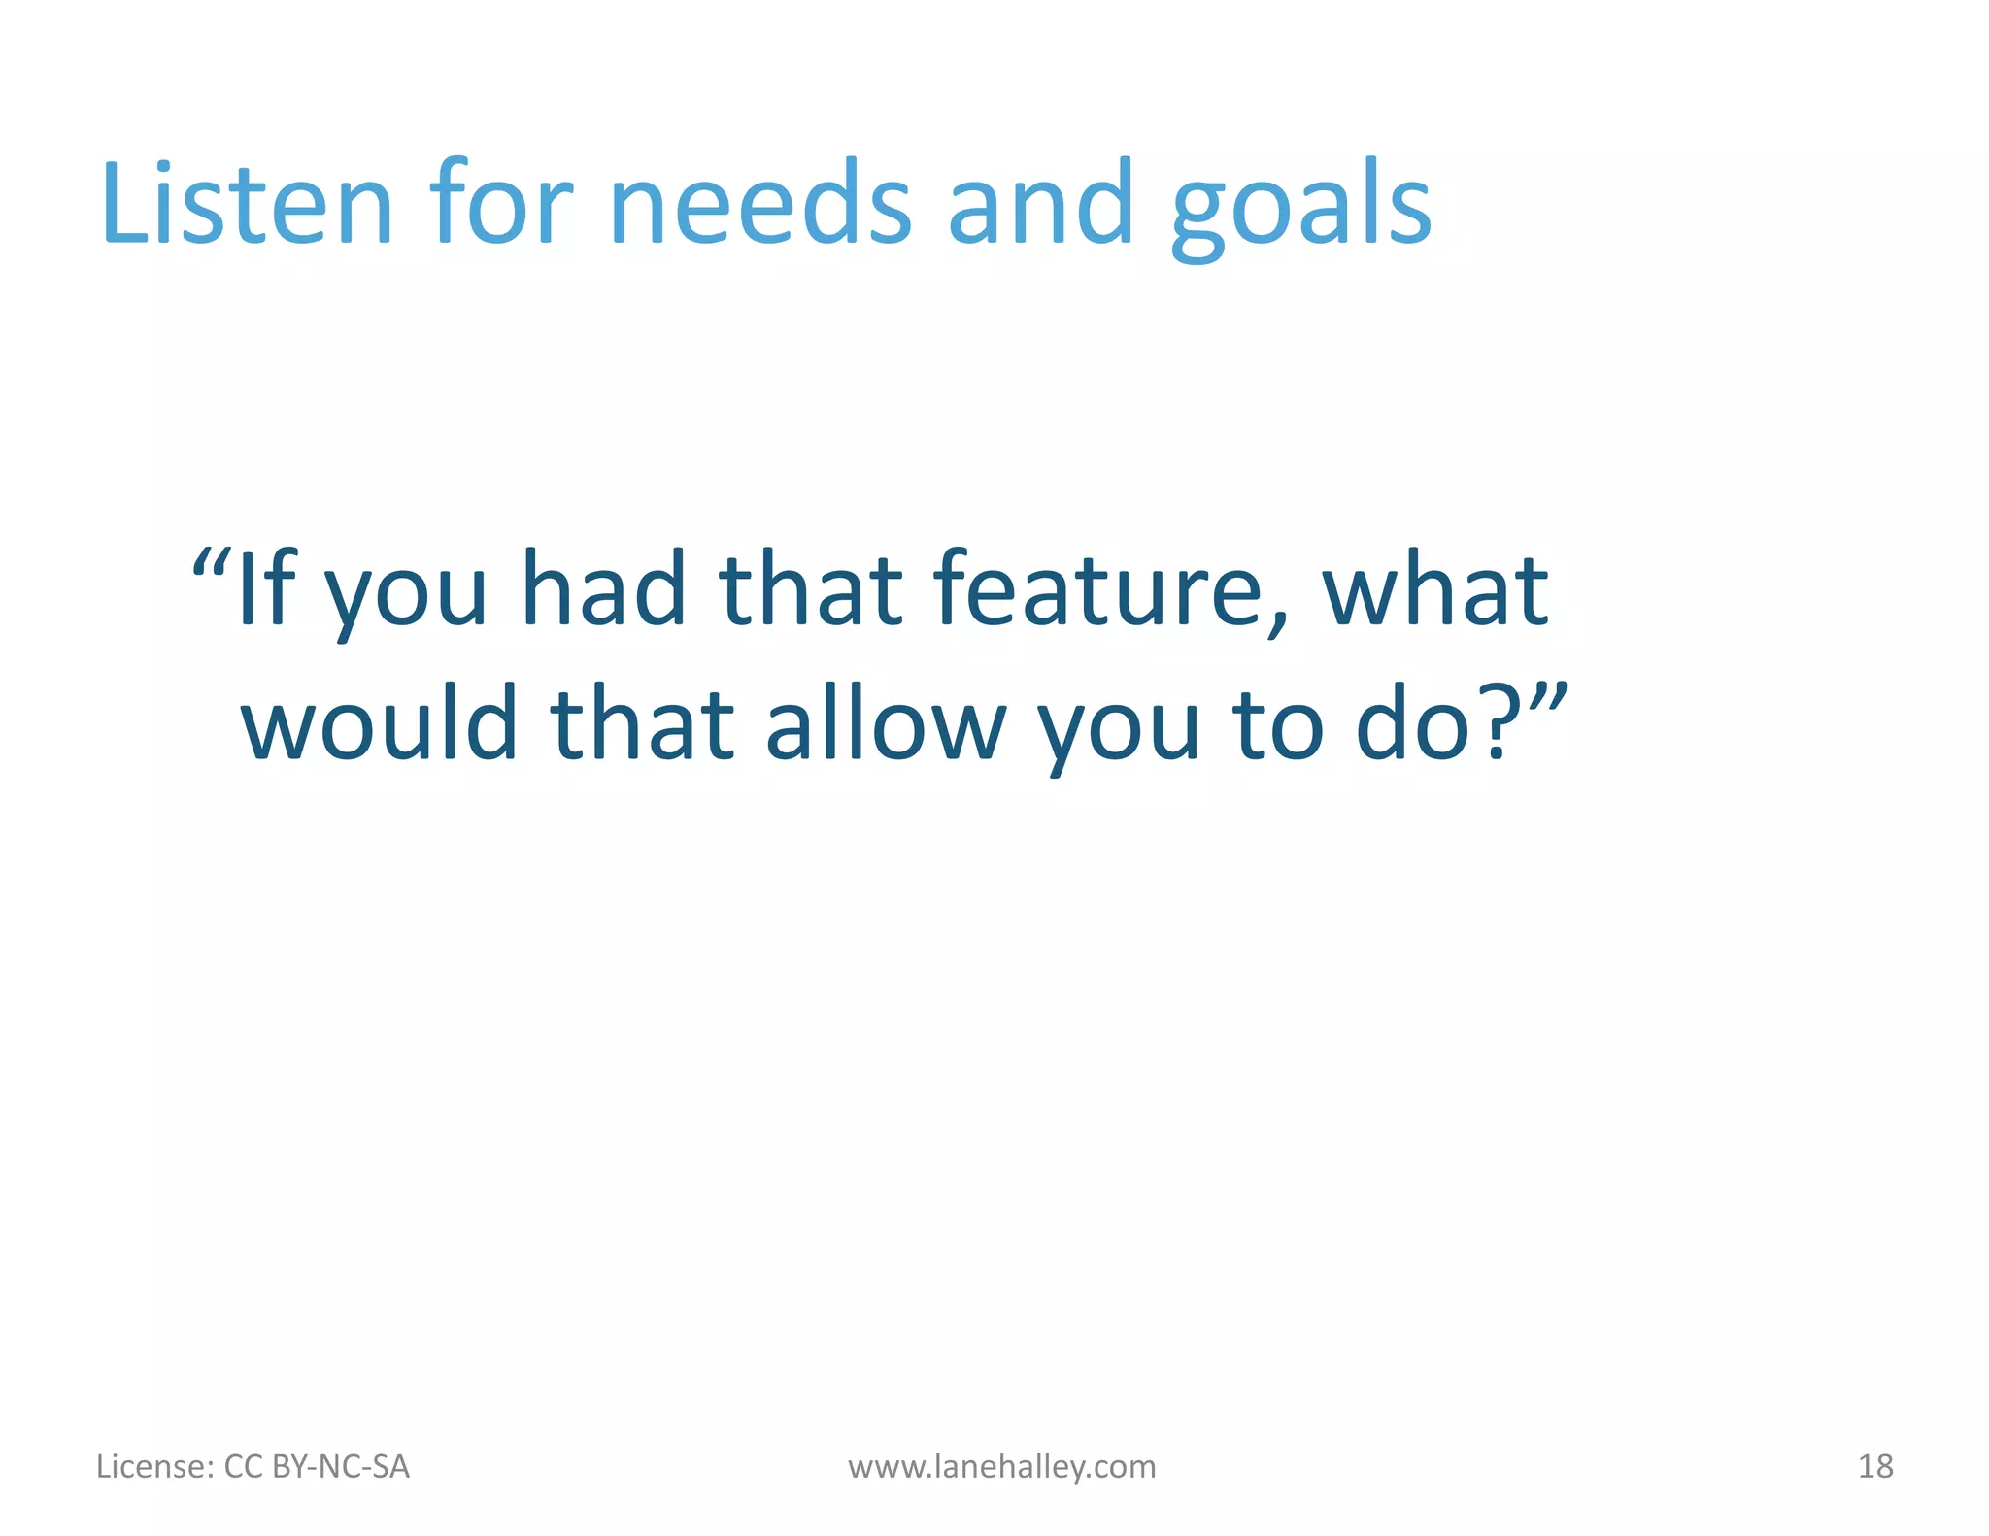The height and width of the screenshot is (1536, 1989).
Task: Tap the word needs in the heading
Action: pyautogui.click(x=760, y=205)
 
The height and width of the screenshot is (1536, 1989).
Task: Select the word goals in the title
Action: pyautogui.click(x=1301, y=209)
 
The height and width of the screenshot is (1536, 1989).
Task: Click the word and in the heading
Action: pyautogui.click(x=1041, y=205)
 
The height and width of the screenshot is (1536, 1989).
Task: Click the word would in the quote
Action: pyautogui.click(x=380, y=724)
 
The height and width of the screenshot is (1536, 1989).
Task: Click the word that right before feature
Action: pyautogui.click(x=812, y=589)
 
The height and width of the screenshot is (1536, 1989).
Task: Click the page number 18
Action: pyautogui.click(x=1875, y=1466)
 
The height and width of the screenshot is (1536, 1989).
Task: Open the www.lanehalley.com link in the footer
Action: pyautogui.click(x=1001, y=1466)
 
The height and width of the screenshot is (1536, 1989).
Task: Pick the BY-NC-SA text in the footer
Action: pyautogui.click(x=341, y=1466)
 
